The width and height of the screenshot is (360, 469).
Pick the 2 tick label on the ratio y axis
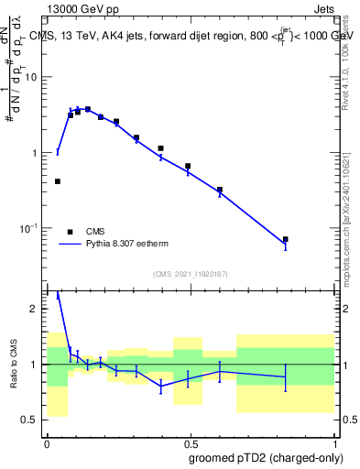click(x=37, y=309)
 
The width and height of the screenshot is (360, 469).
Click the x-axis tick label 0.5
click(x=190, y=442)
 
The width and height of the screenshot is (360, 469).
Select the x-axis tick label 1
click(x=333, y=442)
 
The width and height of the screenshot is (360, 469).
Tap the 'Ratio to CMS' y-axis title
click(x=15, y=364)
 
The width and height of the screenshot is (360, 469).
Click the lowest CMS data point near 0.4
click(x=58, y=181)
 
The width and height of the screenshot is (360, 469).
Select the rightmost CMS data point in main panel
click(x=286, y=239)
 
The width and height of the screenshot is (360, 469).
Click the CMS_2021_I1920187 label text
click(x=190, y=274)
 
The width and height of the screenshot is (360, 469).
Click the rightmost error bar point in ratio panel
click(x=286, y=376)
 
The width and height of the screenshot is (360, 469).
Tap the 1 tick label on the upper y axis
click(x=37, y=152)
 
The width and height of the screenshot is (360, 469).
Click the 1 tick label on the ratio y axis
click(x=37, y=365)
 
